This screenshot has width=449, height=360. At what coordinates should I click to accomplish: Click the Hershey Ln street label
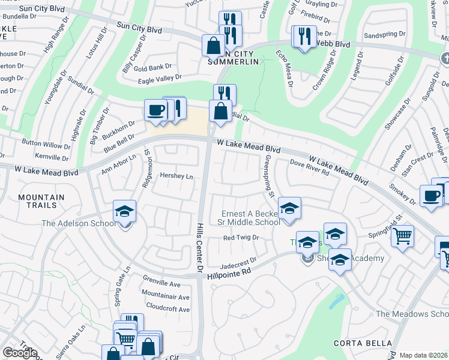(176, 176)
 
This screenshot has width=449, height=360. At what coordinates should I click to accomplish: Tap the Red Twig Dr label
(240, 238)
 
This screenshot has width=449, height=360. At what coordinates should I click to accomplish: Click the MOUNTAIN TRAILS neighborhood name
(41, 202)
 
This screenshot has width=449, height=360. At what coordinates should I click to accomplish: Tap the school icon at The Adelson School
(124, 211)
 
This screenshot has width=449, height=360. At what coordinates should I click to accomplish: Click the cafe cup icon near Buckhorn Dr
(156, 110)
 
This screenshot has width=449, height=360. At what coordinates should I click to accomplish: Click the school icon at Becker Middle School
(289, 208)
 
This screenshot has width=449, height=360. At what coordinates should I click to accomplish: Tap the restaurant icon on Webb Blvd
(304, 35)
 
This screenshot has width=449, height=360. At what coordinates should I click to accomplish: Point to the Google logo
(20, 353)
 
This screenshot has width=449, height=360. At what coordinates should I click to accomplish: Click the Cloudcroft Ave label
(168, 310)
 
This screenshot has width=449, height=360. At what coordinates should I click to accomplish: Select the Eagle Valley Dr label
(160, 77)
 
